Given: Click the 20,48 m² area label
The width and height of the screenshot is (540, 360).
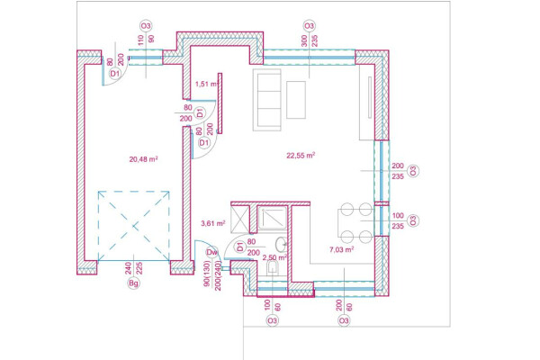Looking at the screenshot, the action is tap(143, 159).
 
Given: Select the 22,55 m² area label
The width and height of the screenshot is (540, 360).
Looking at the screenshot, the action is tap(301, 156).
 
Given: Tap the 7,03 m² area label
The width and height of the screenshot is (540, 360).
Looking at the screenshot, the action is tap(342, 249).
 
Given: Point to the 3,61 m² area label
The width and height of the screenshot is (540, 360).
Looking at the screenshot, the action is tap(213, 223).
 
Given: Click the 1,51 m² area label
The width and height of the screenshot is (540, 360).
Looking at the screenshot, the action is tap(207, 84).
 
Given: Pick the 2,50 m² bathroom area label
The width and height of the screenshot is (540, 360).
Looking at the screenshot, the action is tap(274, 257).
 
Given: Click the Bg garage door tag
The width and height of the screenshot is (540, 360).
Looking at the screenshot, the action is tap(133, 283).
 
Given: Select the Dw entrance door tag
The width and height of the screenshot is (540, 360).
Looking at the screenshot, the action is tap(212, 253).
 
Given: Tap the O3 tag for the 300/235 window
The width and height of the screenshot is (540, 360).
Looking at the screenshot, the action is tap(309, 26).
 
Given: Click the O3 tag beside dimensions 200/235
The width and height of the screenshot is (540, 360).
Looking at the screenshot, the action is tap(413, 171).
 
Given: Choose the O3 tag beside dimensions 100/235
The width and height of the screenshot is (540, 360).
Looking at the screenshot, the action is tap(413, 220).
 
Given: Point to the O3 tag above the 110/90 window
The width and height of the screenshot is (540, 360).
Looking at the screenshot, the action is tap(146, 26).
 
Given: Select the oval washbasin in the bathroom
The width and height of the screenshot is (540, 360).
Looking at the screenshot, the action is tap(281, 244).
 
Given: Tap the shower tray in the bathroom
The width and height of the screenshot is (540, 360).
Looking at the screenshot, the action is tap(272, 218).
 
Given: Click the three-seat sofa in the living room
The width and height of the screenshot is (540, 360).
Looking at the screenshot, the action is tap(267, 100).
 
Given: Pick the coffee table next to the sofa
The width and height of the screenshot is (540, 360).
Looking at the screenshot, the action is tap(296, 100).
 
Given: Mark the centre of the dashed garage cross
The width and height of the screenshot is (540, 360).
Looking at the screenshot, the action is tap(133, 226).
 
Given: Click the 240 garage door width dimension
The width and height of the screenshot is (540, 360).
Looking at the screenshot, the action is tap(128, 268).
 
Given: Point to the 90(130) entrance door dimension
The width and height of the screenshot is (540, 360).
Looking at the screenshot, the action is tap(207, 274).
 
